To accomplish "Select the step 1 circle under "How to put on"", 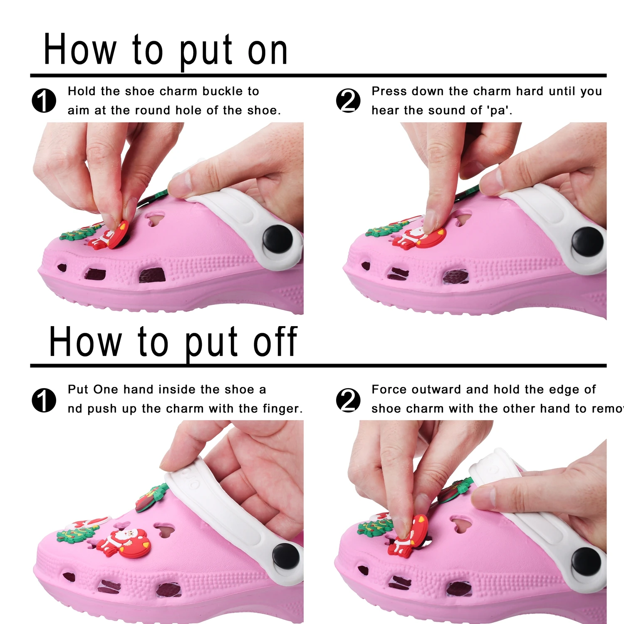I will click(x=44, y=101).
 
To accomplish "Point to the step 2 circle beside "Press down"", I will click(x=348, y=101).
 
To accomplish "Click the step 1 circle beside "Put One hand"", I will click(x=44, y=400).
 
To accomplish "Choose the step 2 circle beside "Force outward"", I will click(x=348, y=400).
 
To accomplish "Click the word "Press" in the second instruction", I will click(x=389, y=91).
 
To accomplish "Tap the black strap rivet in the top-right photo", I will click(x=587, y=241).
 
